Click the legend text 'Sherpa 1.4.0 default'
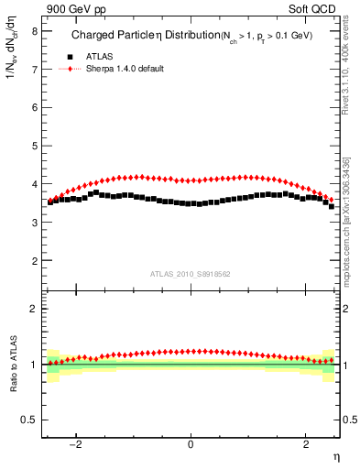point(125,69)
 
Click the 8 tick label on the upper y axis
point(34,30)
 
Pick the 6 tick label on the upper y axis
point(34,107)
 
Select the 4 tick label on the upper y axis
point(34,184)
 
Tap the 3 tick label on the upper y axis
point(34,223)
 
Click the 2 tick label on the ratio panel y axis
point(34,309)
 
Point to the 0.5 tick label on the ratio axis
point(29,420)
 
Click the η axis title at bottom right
point(335,456)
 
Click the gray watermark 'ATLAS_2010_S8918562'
point(191,273)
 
